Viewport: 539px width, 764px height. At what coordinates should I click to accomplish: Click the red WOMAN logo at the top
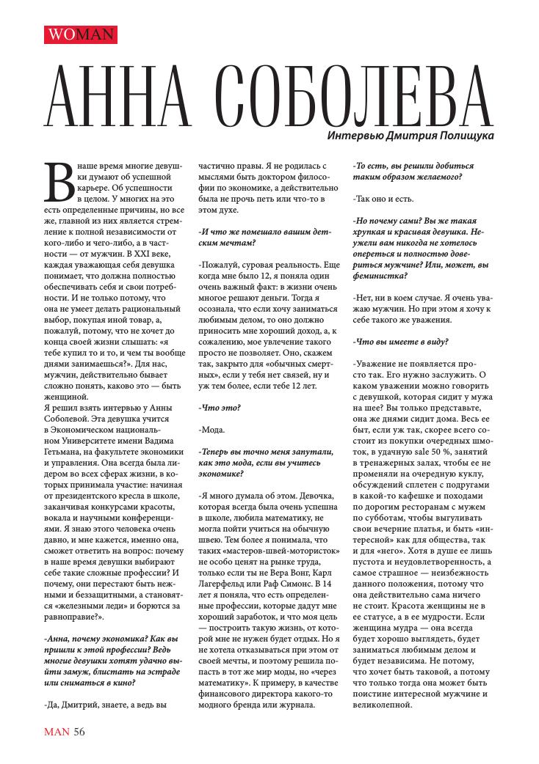(81, 34)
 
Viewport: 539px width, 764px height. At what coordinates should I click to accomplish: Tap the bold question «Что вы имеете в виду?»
(401, 341)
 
